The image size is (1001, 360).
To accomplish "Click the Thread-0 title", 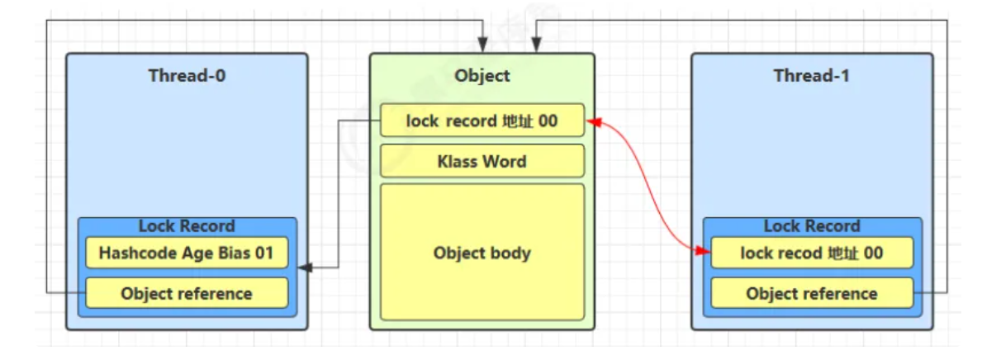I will click(x=187, y=76).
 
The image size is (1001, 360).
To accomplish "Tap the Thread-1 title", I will click(x=812, y=76).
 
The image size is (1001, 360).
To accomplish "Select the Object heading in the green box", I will click(x=482, y=76).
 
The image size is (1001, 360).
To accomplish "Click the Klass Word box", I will click(x=482, y=161).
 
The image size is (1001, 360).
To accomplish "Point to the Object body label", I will click(x=482, y=253).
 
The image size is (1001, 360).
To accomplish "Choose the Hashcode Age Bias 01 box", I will click(x=187, y=253).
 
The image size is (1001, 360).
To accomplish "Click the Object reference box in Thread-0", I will click(x=187, y=293).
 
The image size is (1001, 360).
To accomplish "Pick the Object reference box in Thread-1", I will click(x=812, y=293).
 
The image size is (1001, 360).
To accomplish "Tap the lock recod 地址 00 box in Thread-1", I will click(x=812, y=253).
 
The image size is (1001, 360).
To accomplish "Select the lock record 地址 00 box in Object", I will click(x=482, y=121).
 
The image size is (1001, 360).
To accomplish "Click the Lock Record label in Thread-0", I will click(x=187, y=226).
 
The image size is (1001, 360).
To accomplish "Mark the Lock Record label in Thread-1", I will click(x=812, y=226).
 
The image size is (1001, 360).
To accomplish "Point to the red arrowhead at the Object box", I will click(x=591, y=122).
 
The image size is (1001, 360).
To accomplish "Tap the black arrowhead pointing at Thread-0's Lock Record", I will click(x=304, y=268).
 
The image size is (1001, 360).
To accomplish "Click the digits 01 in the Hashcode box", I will click(x=263, y=253).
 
